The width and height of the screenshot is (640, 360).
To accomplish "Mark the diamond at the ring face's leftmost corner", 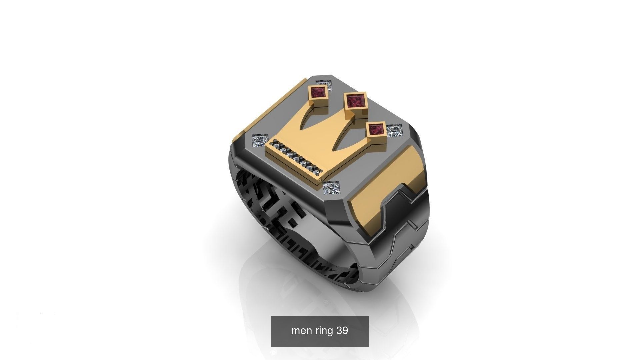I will (x=260, y=142).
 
